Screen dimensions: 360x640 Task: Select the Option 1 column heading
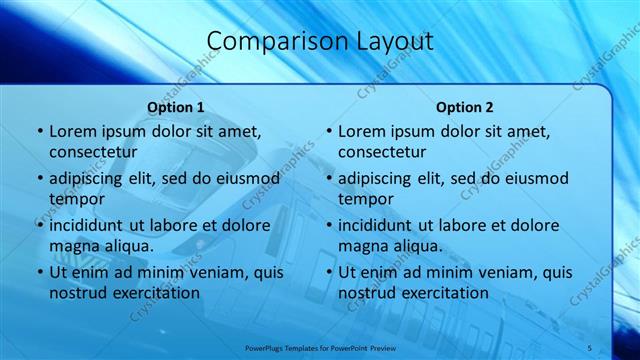tap(176, 107)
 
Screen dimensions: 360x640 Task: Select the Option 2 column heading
tap(465, 107)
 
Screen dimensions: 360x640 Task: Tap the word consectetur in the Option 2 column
tap(382, 152)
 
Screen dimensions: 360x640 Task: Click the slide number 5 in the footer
tap(589, 347)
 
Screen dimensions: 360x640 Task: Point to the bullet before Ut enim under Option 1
tap(39, 272)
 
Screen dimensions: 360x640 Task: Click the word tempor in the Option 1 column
tap(76, 198)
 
